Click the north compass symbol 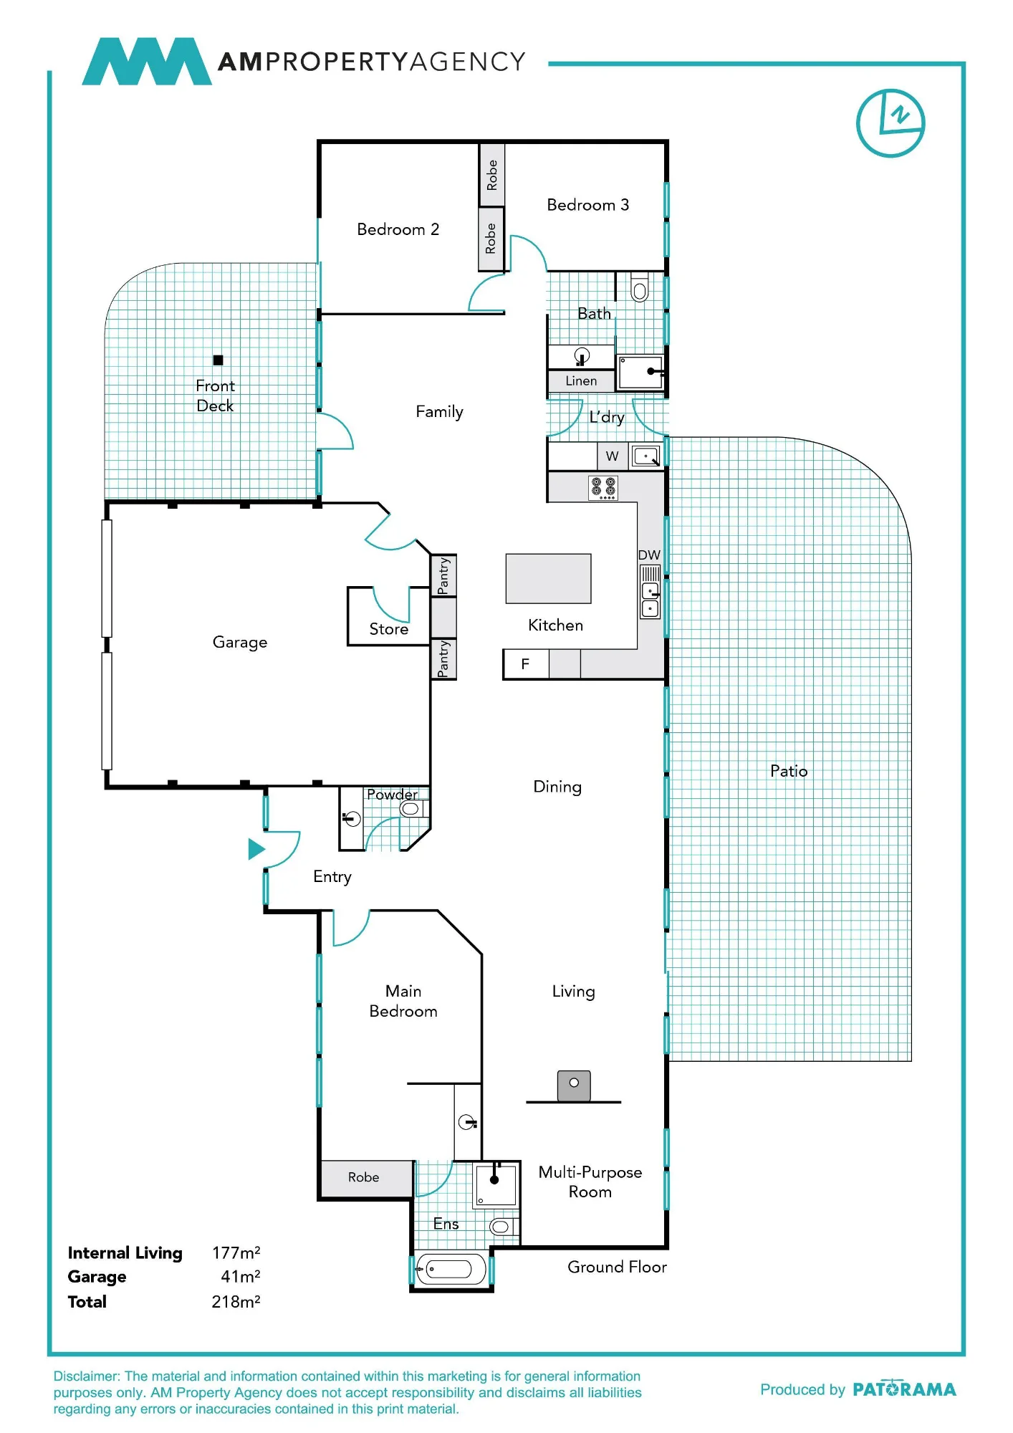(890, 123)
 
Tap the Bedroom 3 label (587, 205)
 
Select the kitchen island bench (548, 578)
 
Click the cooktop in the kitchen (603, 487)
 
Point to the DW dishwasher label (649, 555)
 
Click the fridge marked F (526, 664)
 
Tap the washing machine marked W (613, 456)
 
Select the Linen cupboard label (581, 380)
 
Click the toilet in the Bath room (640, 287)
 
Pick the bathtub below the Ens (451, 1270)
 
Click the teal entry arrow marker (256, 849)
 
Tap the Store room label (388, 629)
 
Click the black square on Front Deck (218, 360)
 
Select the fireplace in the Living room (574, 1085)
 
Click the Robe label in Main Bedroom (363, 1177)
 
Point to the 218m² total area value (236, 1301)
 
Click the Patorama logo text (904, 1389)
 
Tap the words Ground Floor (617, 1267)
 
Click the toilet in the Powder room (412, 809)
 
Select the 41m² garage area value (240, 1276)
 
